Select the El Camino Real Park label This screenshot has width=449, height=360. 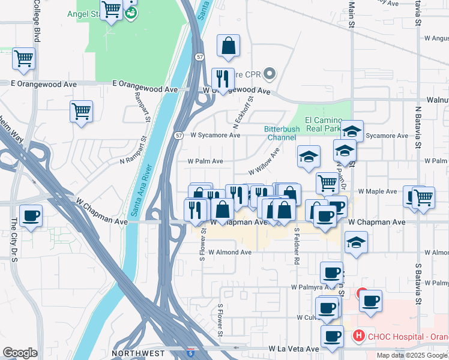(324, 124)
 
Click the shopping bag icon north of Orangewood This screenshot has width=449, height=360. (228, 46)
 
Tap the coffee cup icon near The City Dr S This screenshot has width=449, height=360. (31, 215)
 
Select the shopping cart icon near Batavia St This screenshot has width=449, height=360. (423, 196)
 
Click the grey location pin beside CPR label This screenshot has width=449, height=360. (270, 75)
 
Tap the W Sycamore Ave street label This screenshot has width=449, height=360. (215, 136)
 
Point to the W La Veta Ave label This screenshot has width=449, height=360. (294, 349)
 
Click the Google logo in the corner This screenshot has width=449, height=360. (20, 353)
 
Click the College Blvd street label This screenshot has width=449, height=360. (37, 21)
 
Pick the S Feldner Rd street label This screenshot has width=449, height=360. (296, 246)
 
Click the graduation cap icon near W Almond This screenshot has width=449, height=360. (357, 242)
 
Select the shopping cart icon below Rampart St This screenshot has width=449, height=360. (81, 111)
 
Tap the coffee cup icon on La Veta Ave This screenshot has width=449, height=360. (331, 336)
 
